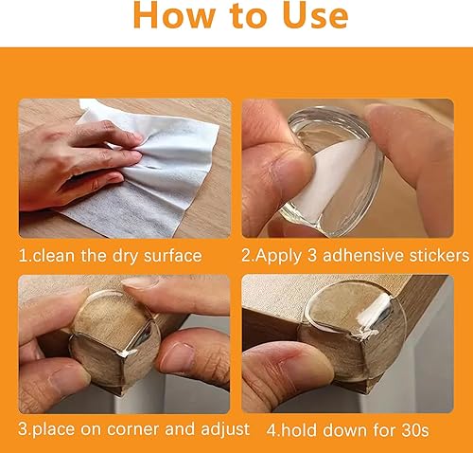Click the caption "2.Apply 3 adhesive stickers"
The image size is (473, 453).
point(355,254)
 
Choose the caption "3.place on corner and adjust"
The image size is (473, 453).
point(135,429)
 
